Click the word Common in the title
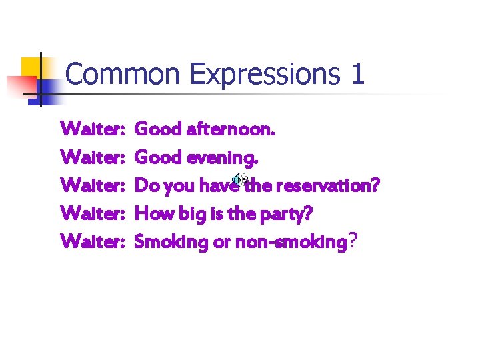tap(123, 74)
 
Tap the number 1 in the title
tap(357, 74)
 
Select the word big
tap(181, 214)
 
